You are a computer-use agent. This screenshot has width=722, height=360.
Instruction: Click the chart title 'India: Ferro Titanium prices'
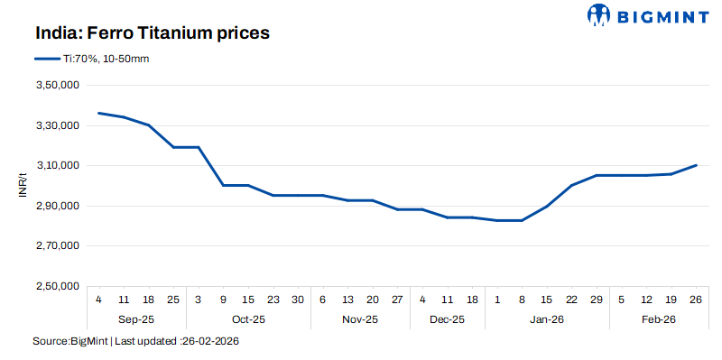pyautogui.click(x=153, y=33)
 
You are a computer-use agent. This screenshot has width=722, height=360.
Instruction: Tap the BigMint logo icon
pyautogui.click(x=599, y=15)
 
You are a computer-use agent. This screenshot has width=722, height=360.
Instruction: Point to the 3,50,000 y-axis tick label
pyautogui.click(x=58, y=86)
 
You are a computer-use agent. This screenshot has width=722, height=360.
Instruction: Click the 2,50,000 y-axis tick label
pyautogui.click(x=58, y=286)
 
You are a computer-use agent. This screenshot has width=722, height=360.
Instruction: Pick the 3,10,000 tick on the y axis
pyautogui.click(x=58, y=166)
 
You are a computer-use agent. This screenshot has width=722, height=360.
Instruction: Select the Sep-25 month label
pyautogui.click(x=135, y=319)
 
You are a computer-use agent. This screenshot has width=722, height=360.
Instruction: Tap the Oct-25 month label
pyautogui.click(x=248, y=319)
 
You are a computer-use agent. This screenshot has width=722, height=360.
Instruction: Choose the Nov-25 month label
pyautogui.click(x=360, y=319)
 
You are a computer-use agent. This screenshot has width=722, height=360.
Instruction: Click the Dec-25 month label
pyautogui.click(x=448, y=319)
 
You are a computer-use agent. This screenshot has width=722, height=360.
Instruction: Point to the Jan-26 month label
pyautogui.click(x=547, y=319)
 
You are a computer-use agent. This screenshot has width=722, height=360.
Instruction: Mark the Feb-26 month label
pyautogui.click(x=659, y=319)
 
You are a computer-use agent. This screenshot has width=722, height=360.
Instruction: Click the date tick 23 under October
pyautogui.click(x=273, y=299)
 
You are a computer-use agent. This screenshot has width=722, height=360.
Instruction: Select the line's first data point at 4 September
pyautogui.click(x=98, y=113)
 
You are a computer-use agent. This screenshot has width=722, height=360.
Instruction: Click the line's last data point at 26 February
pyautogui.click(x=696, y=165)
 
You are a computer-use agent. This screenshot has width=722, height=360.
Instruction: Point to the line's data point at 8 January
pyautogui.click(x=522, y=220)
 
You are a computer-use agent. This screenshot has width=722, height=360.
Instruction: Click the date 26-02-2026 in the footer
pyautogui.click(x=210, y=342)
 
